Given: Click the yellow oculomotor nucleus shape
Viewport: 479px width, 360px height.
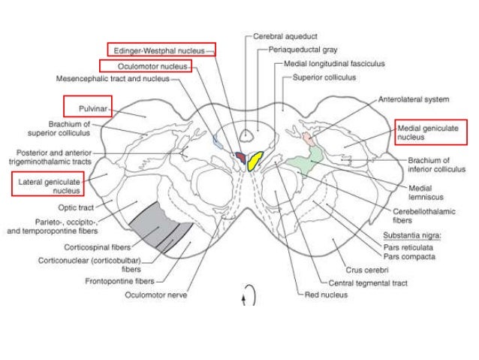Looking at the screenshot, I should [x=255, y=160].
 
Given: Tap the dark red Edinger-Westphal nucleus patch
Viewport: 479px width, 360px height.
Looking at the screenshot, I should [x=240, y=156].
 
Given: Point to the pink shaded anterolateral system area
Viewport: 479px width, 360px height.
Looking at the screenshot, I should [x=309, y=140].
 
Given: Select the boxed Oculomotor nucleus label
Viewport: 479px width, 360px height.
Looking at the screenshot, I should [x=146, y=66].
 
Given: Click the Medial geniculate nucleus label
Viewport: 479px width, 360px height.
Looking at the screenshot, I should [x=431, y=132].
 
